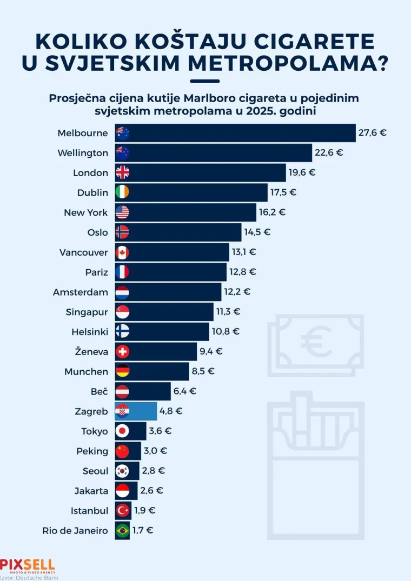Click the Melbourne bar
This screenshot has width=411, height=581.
tap(235, 133)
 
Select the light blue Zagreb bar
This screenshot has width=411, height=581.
tap(136, 411)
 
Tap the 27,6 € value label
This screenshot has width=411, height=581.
tap(372, 132)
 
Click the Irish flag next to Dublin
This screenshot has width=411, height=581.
tap(123, 192)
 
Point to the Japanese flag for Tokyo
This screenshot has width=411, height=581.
tap(123, 431)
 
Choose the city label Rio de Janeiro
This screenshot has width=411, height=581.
tap(75, 531)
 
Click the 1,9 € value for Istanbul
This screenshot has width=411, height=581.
tap(144, 510)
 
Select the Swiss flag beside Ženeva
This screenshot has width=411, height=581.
tap(123, 352)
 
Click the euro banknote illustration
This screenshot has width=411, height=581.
tap(316, 343)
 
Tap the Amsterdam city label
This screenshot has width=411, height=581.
tap(81, 292)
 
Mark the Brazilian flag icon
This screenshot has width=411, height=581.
tap(123, 531)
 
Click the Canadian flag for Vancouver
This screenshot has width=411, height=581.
tap(123, 252)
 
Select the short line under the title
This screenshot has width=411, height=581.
tap(205, 81)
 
